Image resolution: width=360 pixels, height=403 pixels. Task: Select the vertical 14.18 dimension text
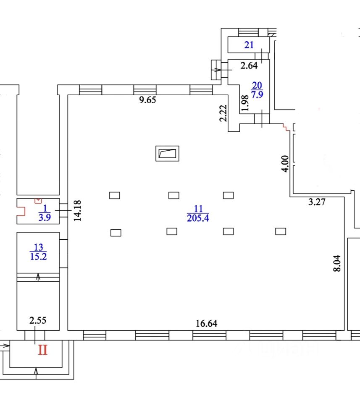(77, 210)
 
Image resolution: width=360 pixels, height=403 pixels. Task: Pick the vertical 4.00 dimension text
(285, 164)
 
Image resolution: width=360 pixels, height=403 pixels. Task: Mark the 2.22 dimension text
(223, 113)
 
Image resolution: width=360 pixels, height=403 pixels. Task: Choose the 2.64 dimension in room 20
(249, 65)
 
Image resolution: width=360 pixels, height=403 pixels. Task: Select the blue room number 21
(249, 45)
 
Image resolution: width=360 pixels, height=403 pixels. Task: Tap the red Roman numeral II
(42, 350)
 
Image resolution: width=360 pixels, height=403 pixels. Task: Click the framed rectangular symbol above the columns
(168, 153)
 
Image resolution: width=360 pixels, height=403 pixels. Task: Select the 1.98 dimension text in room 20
(245, 103)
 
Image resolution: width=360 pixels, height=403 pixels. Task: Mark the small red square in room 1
(38, 200)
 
